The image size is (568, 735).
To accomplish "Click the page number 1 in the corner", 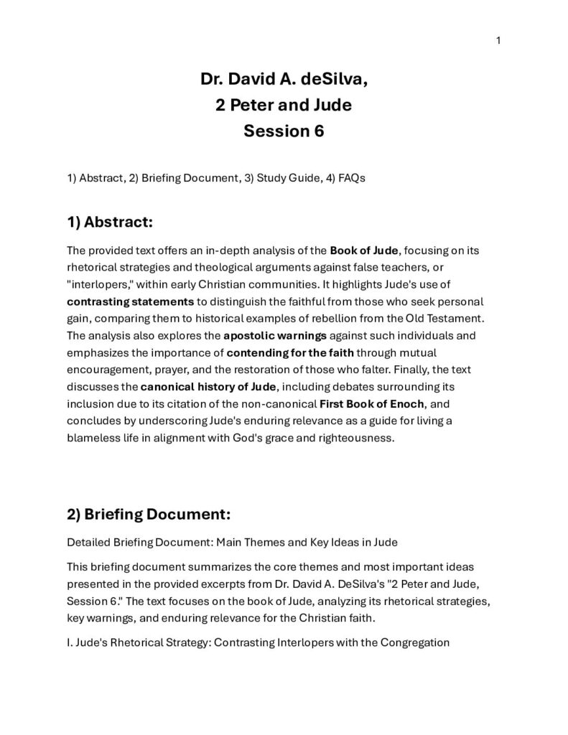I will coord(498,40).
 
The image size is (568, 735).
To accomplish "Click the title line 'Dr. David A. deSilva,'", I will coord(284,79).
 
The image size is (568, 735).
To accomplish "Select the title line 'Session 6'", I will coord(284,131).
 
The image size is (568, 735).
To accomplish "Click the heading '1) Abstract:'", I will coord(110,222).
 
